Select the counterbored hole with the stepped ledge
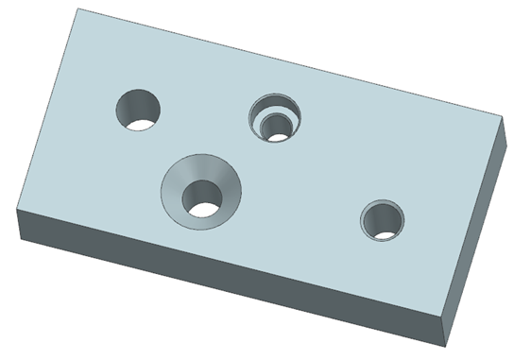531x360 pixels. point(274,118)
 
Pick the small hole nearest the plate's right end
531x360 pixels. point(383,220)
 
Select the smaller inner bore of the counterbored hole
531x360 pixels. point(277,129)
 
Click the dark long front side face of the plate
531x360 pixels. point(227,274)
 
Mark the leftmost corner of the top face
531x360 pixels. point(20,210)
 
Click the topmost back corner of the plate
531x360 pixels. point(79,9)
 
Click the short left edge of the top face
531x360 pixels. point(49,110)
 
